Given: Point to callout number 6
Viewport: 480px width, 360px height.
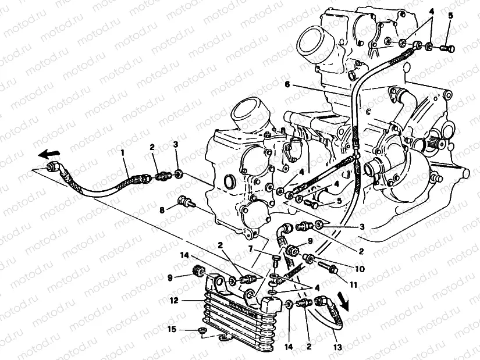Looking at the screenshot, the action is pyautogui.click(x=287, y=84).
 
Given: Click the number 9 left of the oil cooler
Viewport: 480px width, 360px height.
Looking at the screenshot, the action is pyautogui.click(x=170, y=277).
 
